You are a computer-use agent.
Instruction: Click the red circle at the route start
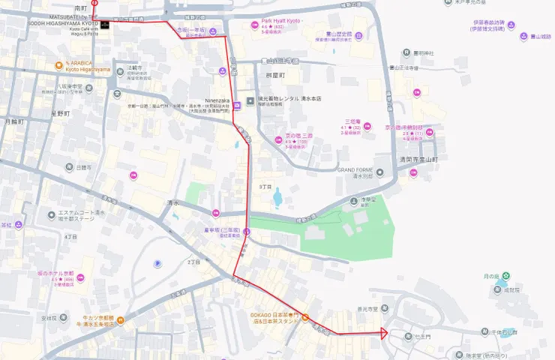pos(94,4)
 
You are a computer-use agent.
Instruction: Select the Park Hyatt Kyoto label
pos(281,20)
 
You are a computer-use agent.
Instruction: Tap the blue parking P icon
pos(157,263)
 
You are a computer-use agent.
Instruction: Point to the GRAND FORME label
pos(355,170)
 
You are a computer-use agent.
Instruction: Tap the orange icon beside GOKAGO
pos(305,315)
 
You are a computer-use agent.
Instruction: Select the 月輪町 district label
pos(14,121)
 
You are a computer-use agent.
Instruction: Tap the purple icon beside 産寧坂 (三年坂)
pos(246,232)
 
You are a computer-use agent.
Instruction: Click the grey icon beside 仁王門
pos(408,334)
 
